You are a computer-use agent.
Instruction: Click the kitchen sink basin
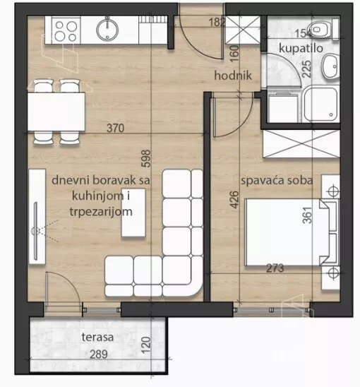click(x=107, y=30)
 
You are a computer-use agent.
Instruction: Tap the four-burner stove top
click(x=66, y=30)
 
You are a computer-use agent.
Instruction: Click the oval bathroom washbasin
click(x=330, y=66)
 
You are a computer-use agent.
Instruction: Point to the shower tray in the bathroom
click(x=320, y=104)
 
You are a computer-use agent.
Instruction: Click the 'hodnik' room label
click(x=233, y=76)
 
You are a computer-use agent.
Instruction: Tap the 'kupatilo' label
click(x=301, y=48)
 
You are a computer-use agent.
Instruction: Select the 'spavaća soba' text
click(x=277, y=180)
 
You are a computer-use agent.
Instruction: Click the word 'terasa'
click(x=97, y=337)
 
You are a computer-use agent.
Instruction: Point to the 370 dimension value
click(x=116, y=128)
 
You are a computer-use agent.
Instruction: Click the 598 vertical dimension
click(x=146, y=159)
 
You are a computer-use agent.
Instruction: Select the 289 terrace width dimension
click(x=99, y=355)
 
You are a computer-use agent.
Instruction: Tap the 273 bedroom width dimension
click(x=275, y=268)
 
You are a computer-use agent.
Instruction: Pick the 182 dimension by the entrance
click(x=217, y=22)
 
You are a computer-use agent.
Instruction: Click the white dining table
click(x=56, y=112)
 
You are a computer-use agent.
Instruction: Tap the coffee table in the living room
click(x=133, y=213)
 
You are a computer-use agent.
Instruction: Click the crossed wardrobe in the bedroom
click(x=301, y=143)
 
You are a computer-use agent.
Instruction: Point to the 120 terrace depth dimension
click(x=146, y=345)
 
